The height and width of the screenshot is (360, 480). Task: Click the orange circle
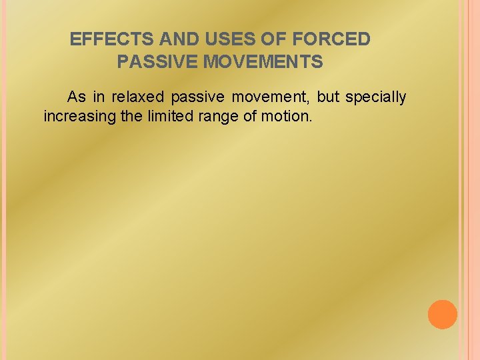pyautogui.click(x=442, y=315)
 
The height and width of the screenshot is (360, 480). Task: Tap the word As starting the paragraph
pyautogui.click(x=77, y=97)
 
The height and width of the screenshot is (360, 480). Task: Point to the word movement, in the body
pyautogui.click(x=271, y=97)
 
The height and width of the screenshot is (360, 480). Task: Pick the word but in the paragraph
pyautogui.click(x=328, y=97)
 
